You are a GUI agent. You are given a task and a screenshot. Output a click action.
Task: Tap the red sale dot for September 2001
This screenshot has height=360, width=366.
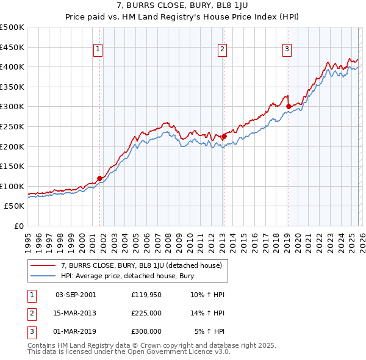99,178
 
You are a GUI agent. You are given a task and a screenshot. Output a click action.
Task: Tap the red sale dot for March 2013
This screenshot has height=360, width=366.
223,137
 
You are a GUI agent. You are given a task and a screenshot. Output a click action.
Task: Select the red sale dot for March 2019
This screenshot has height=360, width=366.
288,107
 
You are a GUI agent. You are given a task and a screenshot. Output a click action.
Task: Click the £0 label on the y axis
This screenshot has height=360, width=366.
18,226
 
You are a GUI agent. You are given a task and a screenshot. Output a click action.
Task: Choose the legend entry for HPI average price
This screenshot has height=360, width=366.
126,276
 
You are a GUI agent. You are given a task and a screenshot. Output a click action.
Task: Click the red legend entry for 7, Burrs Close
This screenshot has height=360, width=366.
145,265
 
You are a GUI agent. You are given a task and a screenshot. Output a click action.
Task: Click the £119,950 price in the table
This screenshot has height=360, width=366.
146,295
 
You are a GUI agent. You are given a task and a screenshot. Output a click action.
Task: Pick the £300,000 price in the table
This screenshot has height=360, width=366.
146,331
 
